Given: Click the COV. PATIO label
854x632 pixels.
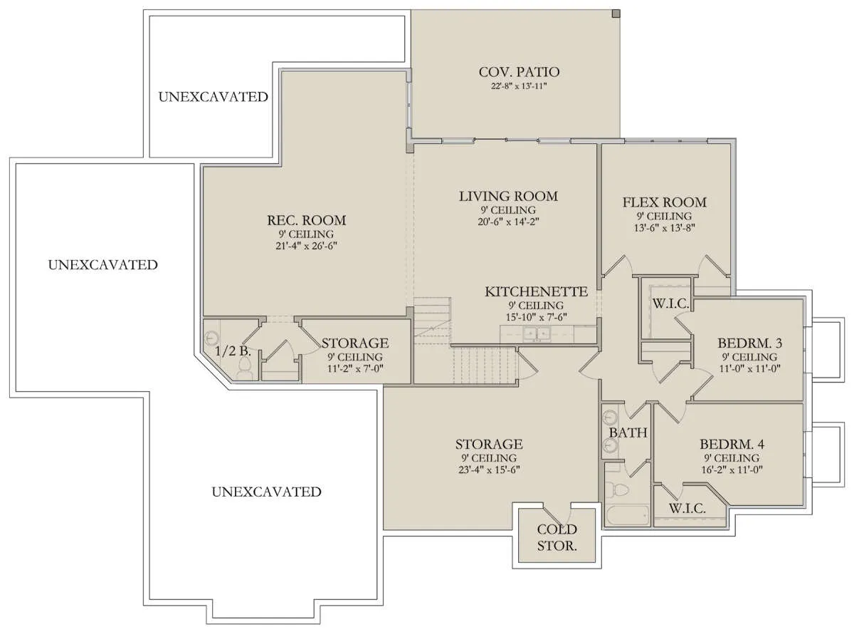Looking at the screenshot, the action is (519, 72).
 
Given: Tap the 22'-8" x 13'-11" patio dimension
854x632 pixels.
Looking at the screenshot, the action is (519, 86).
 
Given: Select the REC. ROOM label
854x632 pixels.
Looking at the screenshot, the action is (307, 220).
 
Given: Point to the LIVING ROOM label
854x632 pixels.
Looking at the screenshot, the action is (508, 196).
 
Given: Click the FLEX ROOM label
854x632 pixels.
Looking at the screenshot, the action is (665, 202).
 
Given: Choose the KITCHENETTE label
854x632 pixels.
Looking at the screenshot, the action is (537, 291).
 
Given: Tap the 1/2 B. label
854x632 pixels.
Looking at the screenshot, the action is (233, 351).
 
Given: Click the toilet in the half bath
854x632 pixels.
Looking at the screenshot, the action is (244, 369).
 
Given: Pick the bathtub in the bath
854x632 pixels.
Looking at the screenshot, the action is (627, 515).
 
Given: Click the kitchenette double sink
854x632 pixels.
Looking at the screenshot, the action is (537, 334).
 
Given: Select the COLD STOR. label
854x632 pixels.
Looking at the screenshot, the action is (557, 537).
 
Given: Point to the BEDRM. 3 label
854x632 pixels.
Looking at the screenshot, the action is (749, 343).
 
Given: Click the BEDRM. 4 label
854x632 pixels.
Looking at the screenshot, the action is (732, 444).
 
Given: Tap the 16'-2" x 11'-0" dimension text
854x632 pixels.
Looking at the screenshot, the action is (732, 470).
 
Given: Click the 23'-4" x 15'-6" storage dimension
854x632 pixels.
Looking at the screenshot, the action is (489, 470).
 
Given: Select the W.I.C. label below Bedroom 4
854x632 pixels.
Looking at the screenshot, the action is (687, 509).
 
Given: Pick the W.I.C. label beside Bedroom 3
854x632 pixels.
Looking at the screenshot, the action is (670, 304).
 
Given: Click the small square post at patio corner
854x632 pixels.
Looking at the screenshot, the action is (616, 14).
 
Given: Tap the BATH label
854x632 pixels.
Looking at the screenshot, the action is (628, 432).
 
